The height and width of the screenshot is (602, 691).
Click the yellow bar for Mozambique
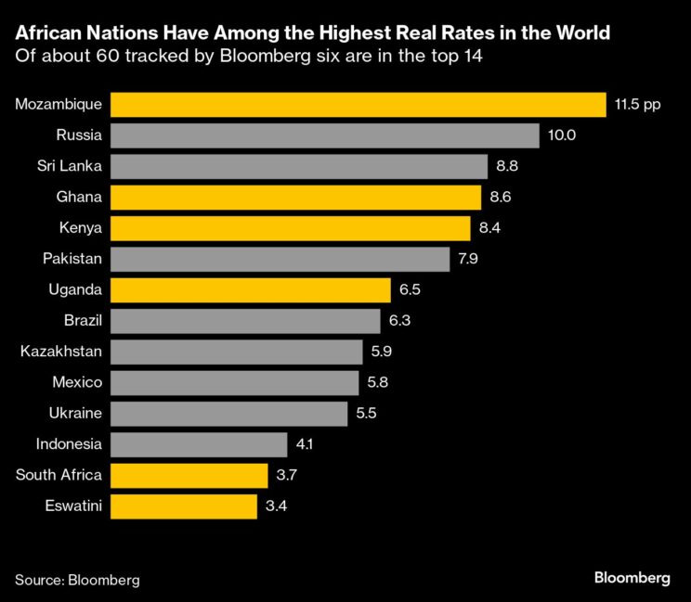tap(358, 104)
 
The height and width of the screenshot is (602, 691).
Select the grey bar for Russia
tap(325, 135)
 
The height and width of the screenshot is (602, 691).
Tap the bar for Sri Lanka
tap(299, 166)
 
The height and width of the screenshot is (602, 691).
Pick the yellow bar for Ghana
tap(296, 197)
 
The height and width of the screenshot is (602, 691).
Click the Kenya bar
tap(291, 228)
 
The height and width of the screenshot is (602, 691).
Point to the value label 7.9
tap(468, 259)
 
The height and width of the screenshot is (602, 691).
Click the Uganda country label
tap(75, 290)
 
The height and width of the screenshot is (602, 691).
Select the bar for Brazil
tap(246, 321)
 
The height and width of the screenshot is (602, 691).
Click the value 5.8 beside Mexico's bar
tap(377, 383)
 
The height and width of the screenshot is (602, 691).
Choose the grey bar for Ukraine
tap(229, 414)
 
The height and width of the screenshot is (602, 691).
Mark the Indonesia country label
tap(69, 444)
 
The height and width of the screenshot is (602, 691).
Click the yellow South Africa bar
tap(189, 476)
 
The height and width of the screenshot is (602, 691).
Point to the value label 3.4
tap(275, 506)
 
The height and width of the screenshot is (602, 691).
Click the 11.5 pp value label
tap(636, 104)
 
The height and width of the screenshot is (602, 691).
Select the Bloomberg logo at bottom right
tap(632, 578)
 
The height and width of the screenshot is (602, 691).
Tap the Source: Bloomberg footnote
tap(77, 580)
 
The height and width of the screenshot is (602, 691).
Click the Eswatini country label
tap(72, 506)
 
